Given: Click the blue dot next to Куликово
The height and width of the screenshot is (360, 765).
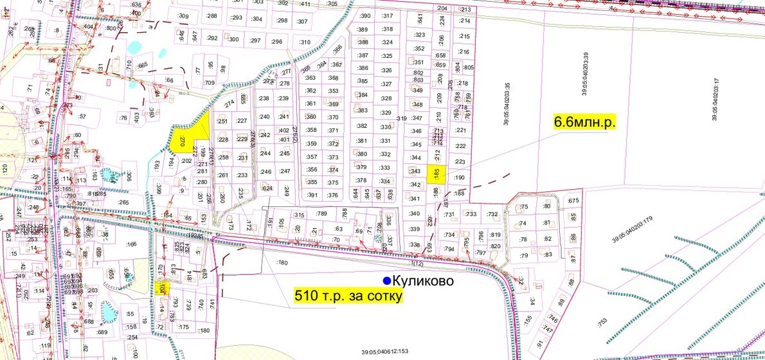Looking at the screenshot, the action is click(x=386, y=281).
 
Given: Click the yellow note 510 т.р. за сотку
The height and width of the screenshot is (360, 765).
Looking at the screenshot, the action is click(x=348, y=296).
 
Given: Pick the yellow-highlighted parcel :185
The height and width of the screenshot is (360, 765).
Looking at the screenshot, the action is click(x=437, y=172).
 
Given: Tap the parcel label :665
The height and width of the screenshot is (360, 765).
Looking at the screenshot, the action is click(x=142, y=65).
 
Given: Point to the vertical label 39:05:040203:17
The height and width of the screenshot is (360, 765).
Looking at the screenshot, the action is click(x=715, y=100).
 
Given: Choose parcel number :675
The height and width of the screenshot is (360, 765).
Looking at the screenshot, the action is click(x=574, y=201).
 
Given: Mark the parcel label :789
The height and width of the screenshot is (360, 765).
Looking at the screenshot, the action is click(x=322, y=213).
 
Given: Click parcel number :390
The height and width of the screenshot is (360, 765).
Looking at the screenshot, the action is click(x=365, y=15).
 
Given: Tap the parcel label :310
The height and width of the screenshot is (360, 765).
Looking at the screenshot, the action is click(x=305, y=42).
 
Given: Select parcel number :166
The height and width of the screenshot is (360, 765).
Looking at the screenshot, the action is click(x=132, y=244).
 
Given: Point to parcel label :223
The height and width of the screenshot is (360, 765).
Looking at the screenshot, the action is click(x=459, y=161).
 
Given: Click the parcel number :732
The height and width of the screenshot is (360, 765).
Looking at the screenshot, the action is click(x=492, y=214).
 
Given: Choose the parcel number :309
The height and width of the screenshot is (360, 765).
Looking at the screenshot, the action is click(x=183, y=16).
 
